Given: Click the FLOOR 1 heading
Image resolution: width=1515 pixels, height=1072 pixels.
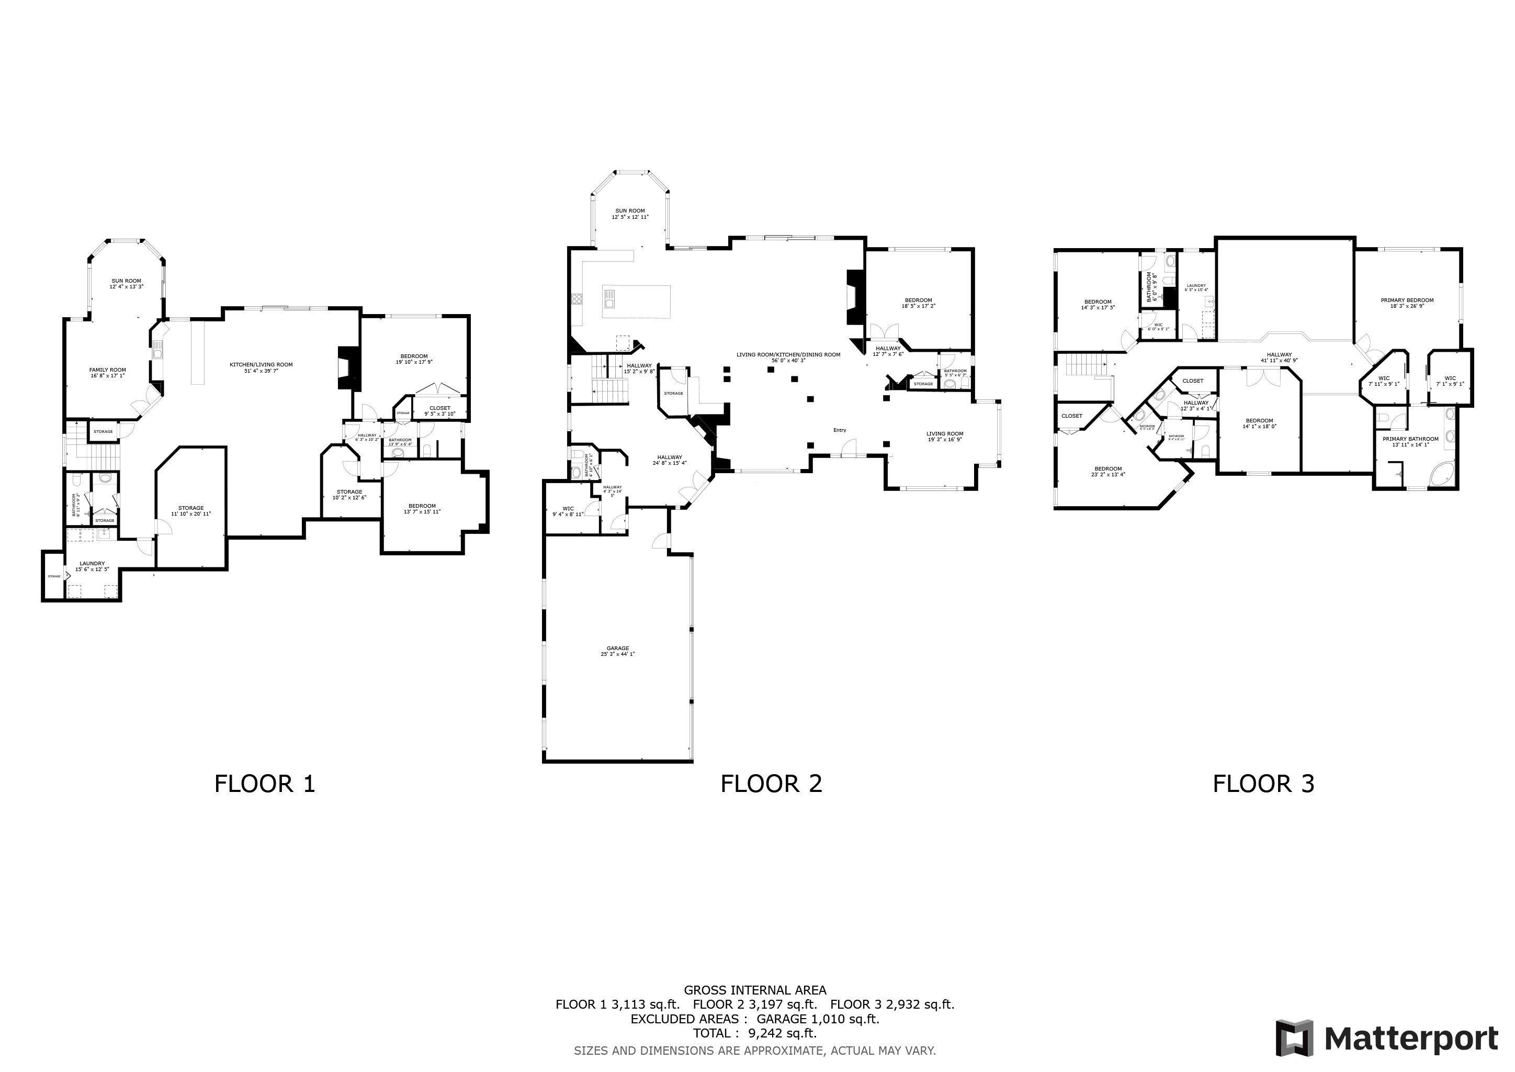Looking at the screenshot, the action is point(265,784).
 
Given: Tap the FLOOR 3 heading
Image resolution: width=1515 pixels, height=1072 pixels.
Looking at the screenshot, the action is point(1263,784).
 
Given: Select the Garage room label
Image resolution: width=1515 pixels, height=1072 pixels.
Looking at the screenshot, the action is point(618,651).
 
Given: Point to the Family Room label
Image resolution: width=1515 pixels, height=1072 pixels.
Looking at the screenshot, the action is point(108,372).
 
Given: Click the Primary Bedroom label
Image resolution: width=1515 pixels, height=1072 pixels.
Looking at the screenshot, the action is point(1407,303).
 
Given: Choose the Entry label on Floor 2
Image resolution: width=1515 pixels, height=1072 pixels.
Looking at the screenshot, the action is point(839,430).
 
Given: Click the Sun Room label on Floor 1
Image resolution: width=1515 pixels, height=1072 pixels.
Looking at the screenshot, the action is point(126,284).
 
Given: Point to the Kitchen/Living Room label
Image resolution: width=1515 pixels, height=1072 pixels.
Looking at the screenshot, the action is point(261,367).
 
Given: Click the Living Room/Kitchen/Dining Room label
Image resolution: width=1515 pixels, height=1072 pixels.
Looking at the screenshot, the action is point(788,357).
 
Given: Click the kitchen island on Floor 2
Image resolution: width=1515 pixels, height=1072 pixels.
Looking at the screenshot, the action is point(636,301).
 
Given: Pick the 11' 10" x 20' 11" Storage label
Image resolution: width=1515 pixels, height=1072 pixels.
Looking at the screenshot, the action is point(191,510).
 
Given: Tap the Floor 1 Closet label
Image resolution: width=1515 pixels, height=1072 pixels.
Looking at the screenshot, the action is point(439,410).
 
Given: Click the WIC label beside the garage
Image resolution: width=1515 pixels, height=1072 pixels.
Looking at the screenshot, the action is point(568,511).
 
